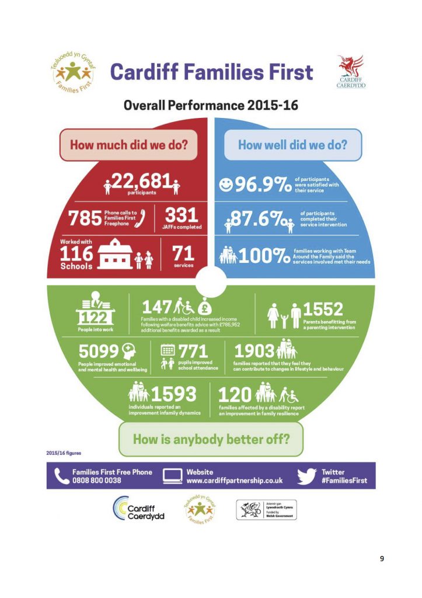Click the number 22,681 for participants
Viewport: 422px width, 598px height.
(x=140, y=183)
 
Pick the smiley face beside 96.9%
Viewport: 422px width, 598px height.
(x=225, y=185)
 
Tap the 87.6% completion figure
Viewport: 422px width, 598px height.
(x=263, y=220)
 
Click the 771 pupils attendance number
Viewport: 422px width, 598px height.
(x=193, y=350)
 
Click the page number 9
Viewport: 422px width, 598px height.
(x=382, y=559)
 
